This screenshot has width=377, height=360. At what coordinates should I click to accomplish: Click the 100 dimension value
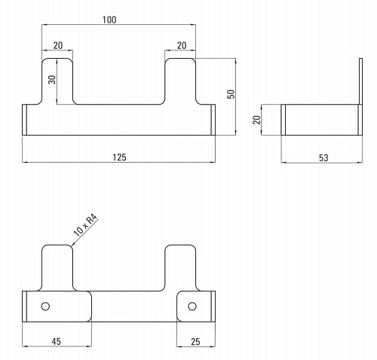point(109,20)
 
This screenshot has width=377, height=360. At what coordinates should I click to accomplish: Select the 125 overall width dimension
point(119,157)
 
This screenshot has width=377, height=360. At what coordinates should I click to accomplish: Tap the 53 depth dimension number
point(323,157)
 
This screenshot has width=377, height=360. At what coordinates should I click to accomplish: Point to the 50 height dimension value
point(231,94)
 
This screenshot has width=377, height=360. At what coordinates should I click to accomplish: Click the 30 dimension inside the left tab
point(52,80)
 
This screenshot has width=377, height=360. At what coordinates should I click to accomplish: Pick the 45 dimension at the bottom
point(57,341)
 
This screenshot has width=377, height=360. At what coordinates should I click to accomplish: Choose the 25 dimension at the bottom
point(195,342)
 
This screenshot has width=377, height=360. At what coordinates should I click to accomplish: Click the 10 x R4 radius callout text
point(85,225)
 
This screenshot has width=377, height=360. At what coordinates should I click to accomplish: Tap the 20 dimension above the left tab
point(58,45)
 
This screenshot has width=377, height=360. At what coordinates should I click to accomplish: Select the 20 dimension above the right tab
point(182,45)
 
